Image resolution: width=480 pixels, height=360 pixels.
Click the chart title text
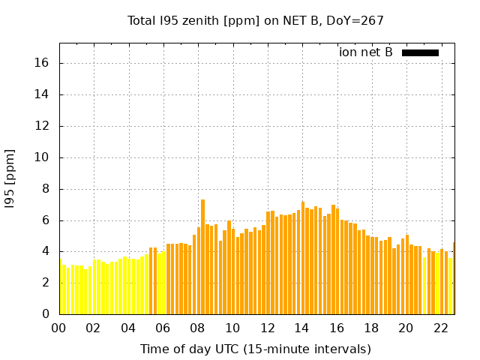tap(255, 21)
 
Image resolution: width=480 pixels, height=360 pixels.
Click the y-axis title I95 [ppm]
tap(10, 178)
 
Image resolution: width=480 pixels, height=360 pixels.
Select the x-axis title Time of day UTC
tap(255, 349)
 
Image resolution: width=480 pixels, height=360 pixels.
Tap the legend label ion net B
tap(365, 52)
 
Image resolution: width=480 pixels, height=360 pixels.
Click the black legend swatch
tap(420, 52)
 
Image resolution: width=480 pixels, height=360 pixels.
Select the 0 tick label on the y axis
tap(46, 314)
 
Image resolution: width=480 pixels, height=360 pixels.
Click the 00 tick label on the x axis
tap(59, 328)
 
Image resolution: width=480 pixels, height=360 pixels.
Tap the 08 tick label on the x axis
tap(198, 328)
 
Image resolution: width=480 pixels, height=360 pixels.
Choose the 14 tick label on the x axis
tap(301, 328)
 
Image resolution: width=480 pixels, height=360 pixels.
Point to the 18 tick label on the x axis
tap(371, 328)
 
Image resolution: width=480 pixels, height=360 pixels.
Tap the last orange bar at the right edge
tap(454, 278)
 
